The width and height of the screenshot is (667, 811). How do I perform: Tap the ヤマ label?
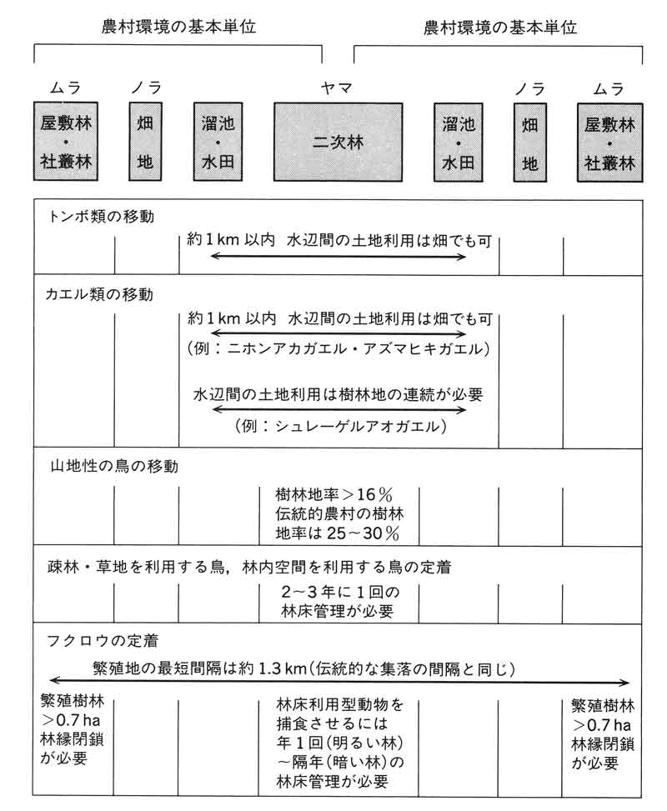(338, 86)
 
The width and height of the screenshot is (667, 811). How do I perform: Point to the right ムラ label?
(609, 86)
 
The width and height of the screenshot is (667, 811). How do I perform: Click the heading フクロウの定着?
(101, 641)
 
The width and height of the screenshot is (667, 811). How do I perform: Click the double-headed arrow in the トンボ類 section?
(338, 257)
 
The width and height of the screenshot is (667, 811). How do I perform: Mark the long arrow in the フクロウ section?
(338, 680)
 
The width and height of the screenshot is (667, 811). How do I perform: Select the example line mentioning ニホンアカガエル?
(338, 348)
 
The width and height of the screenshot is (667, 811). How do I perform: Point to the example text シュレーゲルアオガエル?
(338, 427)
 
